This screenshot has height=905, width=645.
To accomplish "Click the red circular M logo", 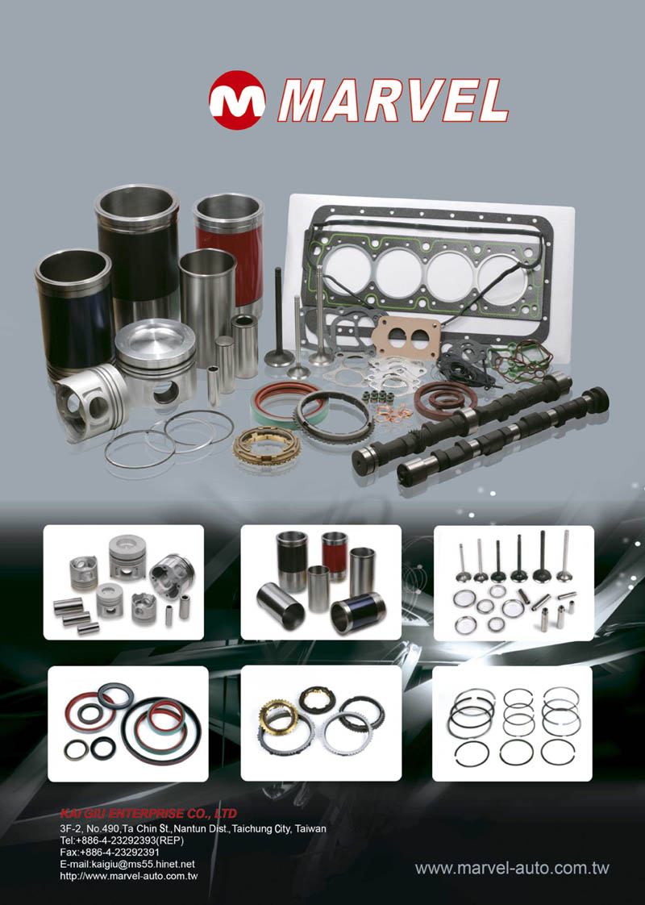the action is [x=237, y=100].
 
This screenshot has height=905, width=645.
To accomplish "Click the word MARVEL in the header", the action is [x=393, y=101].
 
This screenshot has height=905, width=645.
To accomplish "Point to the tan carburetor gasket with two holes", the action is [x=406, y=336].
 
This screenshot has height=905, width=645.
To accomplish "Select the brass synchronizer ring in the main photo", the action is [x=267, y=445].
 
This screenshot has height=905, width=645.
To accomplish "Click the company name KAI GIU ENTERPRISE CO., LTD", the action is [x=148, y=813].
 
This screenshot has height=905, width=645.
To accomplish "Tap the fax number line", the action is [x=110, y=852].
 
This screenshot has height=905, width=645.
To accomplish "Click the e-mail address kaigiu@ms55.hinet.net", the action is [x=127, y=864].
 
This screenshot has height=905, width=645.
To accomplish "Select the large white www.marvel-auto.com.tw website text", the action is [x=512, y=867].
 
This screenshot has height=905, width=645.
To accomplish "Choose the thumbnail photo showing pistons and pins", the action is [x=123, y=582].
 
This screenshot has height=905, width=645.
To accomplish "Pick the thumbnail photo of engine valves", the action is [x=514, y=583].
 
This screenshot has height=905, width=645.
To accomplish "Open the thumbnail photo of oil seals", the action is [x=128, y=724].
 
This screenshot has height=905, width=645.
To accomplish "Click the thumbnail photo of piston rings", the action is [x=512, y=724].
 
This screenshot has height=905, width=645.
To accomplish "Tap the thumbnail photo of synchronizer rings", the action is [x=321, y=724].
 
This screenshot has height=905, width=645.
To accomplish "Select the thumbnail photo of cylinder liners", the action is [x=321, y=582].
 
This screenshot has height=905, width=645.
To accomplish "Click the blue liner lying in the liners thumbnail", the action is [x=358, y=613].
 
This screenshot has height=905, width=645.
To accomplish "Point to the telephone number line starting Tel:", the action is [x=122, y=840].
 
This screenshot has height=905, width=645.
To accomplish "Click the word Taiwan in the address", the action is [x=310, y=829].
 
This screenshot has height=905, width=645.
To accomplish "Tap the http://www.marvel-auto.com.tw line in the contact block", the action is [x=129, y=876].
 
